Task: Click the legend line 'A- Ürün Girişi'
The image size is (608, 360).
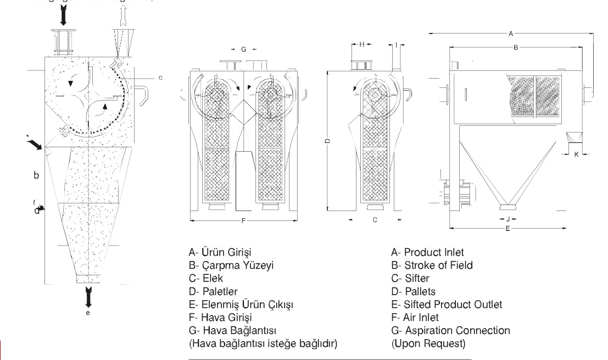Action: [219, 253]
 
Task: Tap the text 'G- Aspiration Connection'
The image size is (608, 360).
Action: [450, 330]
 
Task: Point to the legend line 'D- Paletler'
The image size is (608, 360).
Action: [215, 291]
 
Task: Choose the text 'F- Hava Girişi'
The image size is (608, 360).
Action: [220, 317]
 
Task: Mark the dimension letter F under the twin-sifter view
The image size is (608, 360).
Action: [243, 221]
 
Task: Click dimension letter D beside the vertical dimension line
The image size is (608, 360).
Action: [327, 142]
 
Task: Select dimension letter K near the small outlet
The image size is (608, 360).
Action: [576, 154]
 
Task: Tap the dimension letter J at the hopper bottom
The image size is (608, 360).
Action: [507, 219]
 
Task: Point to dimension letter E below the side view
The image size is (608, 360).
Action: [507, 228]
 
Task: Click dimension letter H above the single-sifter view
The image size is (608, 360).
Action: [362, 45]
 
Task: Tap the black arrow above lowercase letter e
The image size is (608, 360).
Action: [88, 297]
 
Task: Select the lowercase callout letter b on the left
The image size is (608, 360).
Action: [36, 176]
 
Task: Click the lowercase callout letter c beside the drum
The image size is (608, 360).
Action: [160, 77]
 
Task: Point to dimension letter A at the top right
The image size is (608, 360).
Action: [511, 34]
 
